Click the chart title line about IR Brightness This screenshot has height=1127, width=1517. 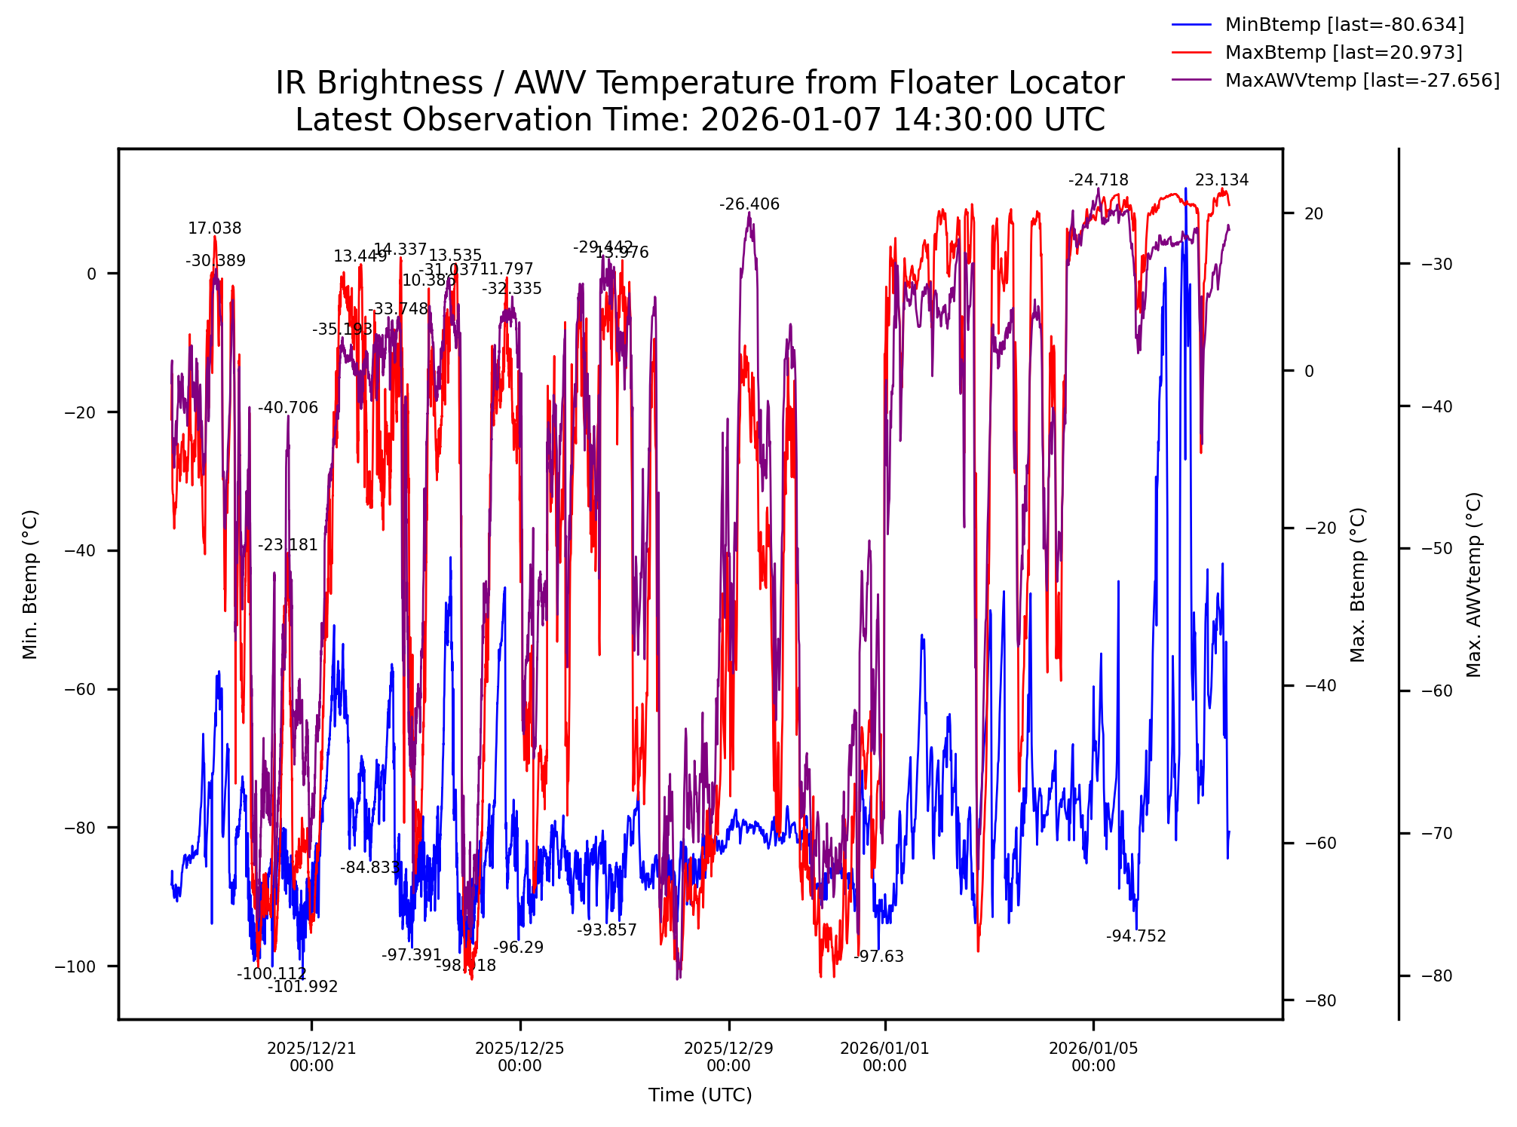(700, 83)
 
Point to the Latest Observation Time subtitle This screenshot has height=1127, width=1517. (700, 120)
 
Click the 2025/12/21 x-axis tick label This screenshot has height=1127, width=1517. (311, 1057)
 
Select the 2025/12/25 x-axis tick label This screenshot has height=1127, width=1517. (519, 1057)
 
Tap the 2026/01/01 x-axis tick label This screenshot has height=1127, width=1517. (884, 1057)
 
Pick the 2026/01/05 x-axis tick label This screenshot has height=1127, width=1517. (1093, 1057)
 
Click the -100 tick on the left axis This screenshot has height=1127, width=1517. (76, 967)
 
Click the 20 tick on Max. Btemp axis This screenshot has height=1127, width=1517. (1313, 214)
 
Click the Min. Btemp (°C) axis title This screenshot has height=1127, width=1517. (30, 584)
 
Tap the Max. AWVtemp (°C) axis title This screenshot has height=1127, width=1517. (1474, 584)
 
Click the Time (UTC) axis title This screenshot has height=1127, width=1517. (700, 1095)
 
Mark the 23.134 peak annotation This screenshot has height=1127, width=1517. (1221, 181)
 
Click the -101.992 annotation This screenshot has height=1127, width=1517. (303, 988)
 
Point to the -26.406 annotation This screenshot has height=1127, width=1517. (749, 205)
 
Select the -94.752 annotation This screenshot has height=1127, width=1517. (1135, 937)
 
